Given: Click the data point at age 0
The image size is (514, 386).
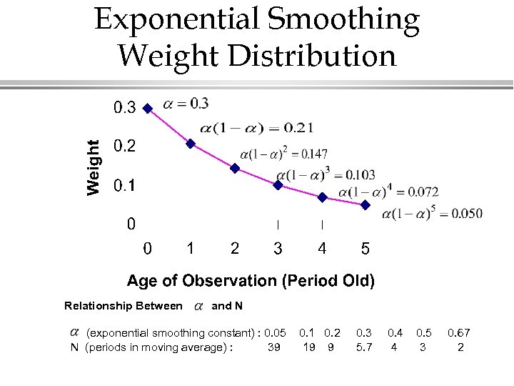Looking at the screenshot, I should [147, 109].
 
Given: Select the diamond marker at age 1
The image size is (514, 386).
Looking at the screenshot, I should [191, 144].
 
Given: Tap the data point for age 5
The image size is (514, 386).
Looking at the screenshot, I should [366, 204].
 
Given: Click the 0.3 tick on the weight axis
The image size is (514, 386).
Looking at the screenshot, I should [124, 109].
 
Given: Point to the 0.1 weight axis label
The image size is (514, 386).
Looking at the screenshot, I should [124, 186].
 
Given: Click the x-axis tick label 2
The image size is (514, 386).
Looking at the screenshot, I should [235, 249].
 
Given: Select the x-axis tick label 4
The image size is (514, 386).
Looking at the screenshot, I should [323, 249].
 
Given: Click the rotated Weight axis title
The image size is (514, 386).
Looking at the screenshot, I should [94, 167].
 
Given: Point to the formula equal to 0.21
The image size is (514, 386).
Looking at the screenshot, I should [256, 129].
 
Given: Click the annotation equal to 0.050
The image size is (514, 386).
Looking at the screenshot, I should [433, 213].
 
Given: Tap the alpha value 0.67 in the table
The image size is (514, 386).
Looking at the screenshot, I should [459, 333].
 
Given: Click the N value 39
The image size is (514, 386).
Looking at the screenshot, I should [273, 347].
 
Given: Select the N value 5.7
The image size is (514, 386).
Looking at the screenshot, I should [364, 347].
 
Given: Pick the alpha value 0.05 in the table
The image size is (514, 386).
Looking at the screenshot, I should [275, 333].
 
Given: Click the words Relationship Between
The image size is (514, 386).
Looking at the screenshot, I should [123, 306].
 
